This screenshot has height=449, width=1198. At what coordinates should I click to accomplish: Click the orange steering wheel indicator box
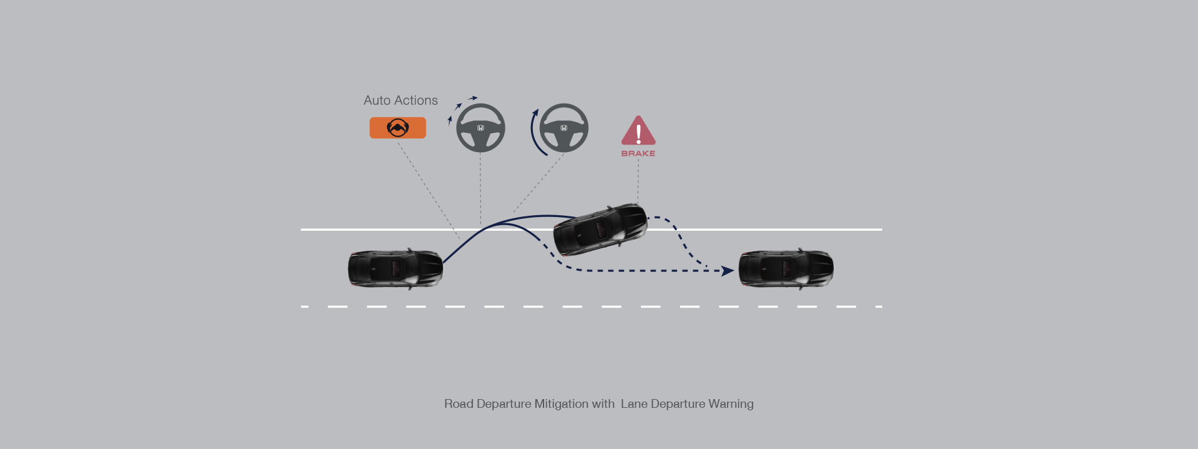[397, 128]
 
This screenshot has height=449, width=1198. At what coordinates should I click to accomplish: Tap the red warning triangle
[638, 132]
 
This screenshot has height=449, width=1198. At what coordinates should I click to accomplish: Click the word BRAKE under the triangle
[638, 153]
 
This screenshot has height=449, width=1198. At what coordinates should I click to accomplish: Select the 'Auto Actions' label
[401, 100]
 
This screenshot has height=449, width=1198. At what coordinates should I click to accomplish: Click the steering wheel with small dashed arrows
[480, 128]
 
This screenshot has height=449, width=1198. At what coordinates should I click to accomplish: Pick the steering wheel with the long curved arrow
[563, 128]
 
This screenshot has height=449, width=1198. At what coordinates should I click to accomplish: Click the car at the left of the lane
[396, 269]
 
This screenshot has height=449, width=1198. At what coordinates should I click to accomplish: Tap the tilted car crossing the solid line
[600, 229]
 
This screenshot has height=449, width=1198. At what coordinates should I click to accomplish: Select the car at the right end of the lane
[786, 269]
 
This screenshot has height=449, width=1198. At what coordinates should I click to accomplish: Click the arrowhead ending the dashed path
[728, 271]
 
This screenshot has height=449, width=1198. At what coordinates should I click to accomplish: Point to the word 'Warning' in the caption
[731, 404]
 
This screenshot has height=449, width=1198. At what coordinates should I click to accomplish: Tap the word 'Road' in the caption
[459, 404]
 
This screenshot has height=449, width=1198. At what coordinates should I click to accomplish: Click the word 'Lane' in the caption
[634, 404]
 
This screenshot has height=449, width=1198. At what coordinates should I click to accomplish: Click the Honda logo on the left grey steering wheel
[480, 128]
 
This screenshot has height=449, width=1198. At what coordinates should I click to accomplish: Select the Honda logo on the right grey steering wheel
[563, 128]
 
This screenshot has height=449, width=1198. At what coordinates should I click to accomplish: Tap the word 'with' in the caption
[603, 404]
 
